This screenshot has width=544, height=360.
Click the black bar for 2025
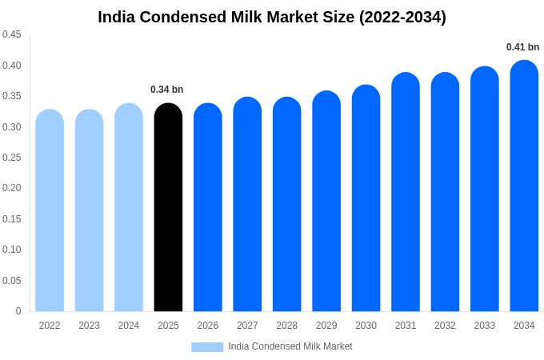tap(168, 208)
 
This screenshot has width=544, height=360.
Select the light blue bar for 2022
tap(50, 211)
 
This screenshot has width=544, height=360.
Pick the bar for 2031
tap(406, 193)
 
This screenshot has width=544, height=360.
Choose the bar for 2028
tap(286, 205)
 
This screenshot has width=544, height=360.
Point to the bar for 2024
tap(129, 208)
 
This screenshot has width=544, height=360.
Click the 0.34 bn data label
tap(167, 90)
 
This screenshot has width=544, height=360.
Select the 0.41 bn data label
tap(522, 47)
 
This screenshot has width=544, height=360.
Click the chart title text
tap(272, 17)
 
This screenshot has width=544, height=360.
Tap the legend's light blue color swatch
tap(207, 347)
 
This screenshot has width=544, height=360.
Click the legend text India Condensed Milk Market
tap(290, 346)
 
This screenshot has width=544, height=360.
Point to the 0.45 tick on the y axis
tap(12, 34)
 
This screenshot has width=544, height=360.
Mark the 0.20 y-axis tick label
tap(12, 188)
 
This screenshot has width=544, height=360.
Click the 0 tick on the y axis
tap(18, 311)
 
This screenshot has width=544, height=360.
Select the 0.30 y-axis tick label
tap(12, 126)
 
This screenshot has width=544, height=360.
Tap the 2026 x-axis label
tap(208, 326)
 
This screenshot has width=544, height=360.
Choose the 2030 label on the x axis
tap(366, 326)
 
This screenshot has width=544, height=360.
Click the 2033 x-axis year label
tap(485, 326)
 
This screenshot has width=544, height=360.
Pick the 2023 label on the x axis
tap(89, 326)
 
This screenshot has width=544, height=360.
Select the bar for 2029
tap(326, 202)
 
